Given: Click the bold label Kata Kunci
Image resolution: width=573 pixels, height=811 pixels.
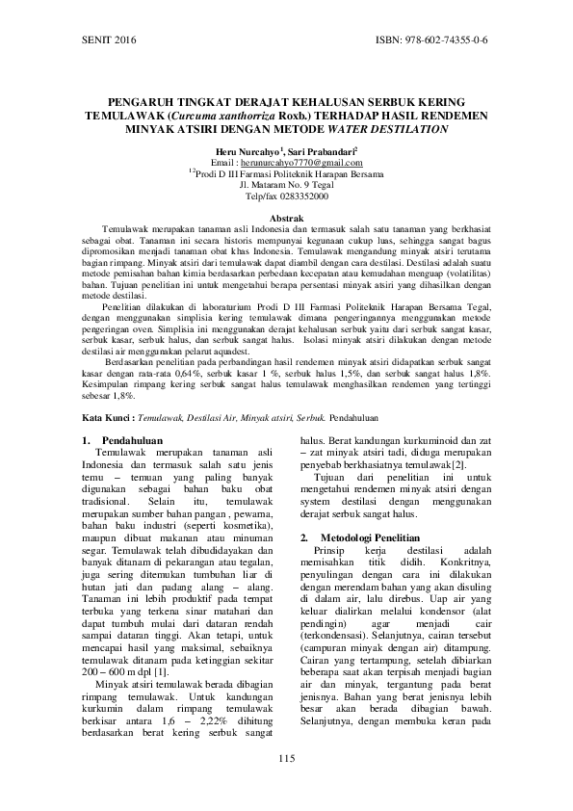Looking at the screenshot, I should pos(106,420).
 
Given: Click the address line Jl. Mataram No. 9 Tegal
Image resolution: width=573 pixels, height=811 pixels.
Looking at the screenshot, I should pos(286,186).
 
